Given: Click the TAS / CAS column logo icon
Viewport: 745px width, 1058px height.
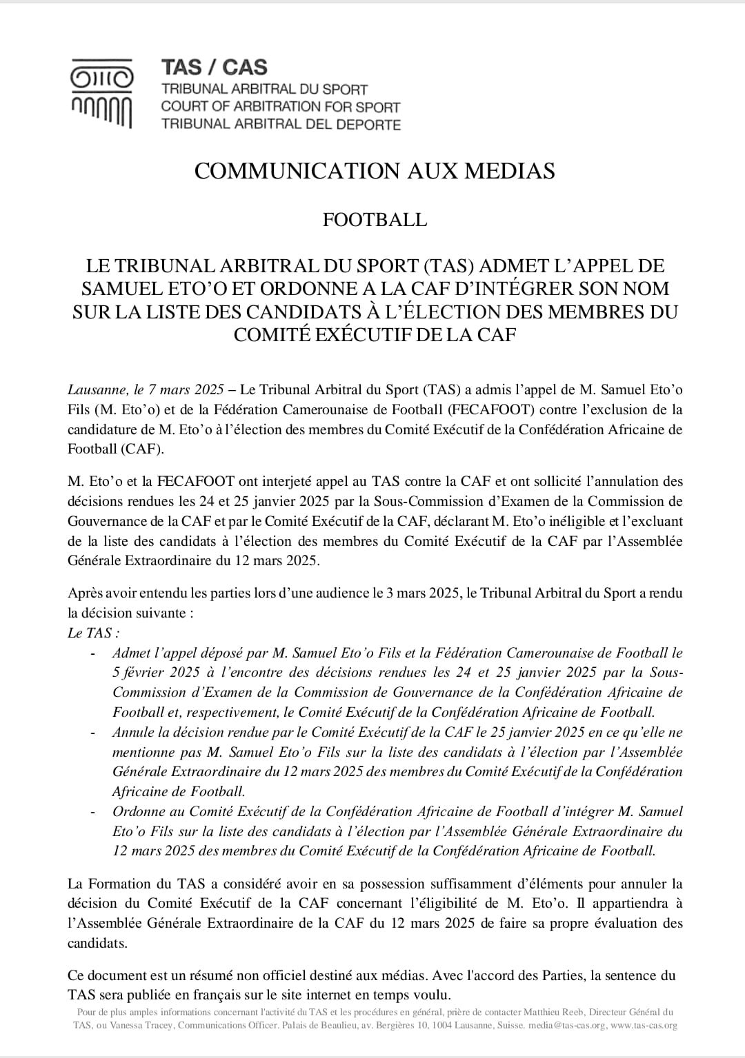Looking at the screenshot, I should [102, 94].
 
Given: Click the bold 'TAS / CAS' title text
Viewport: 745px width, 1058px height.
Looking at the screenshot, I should [214, 68].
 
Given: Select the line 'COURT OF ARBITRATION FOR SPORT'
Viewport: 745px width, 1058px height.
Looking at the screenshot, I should [280, 107].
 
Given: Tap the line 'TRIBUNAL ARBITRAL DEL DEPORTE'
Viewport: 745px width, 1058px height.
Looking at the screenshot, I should [280, 125].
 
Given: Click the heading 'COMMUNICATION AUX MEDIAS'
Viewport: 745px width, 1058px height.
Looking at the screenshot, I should [375, 171].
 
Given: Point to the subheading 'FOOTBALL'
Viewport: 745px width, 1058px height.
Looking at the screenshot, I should [375, 220].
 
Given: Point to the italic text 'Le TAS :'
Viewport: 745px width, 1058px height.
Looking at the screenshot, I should [93, 633].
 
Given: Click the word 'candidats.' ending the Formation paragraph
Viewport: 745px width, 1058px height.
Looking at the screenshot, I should [97, 943].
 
